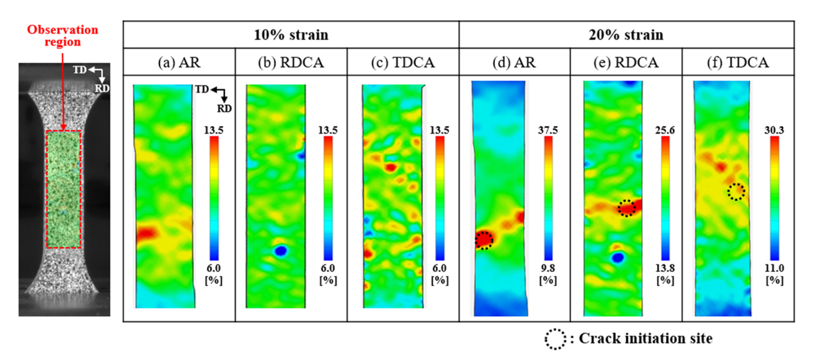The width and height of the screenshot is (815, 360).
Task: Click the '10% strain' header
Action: click(x=291, y=34)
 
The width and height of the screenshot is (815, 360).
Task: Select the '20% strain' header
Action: click(x=627, y=34)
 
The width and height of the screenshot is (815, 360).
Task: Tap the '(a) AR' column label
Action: click(x=179, y=63)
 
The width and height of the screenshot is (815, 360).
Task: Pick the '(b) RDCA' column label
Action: click(x=291, y=63)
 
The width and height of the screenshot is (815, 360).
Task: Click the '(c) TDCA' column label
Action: click(x=403, y=63)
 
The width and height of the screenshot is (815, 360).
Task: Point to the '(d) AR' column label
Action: click(x=514, y=63)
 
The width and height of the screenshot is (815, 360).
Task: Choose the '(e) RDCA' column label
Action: click(x=626, y=63)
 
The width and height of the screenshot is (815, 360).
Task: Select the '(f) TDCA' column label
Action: click(x=738, y=63)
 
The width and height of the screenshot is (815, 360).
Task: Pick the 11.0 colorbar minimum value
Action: click(x=777, y=267)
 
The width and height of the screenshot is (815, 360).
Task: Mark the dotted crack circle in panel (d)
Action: click(x=484, y=240)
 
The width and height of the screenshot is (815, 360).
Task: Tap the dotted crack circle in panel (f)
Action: click(x=736, y=191)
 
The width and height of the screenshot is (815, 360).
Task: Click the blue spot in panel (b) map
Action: click(x=280, y=251)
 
